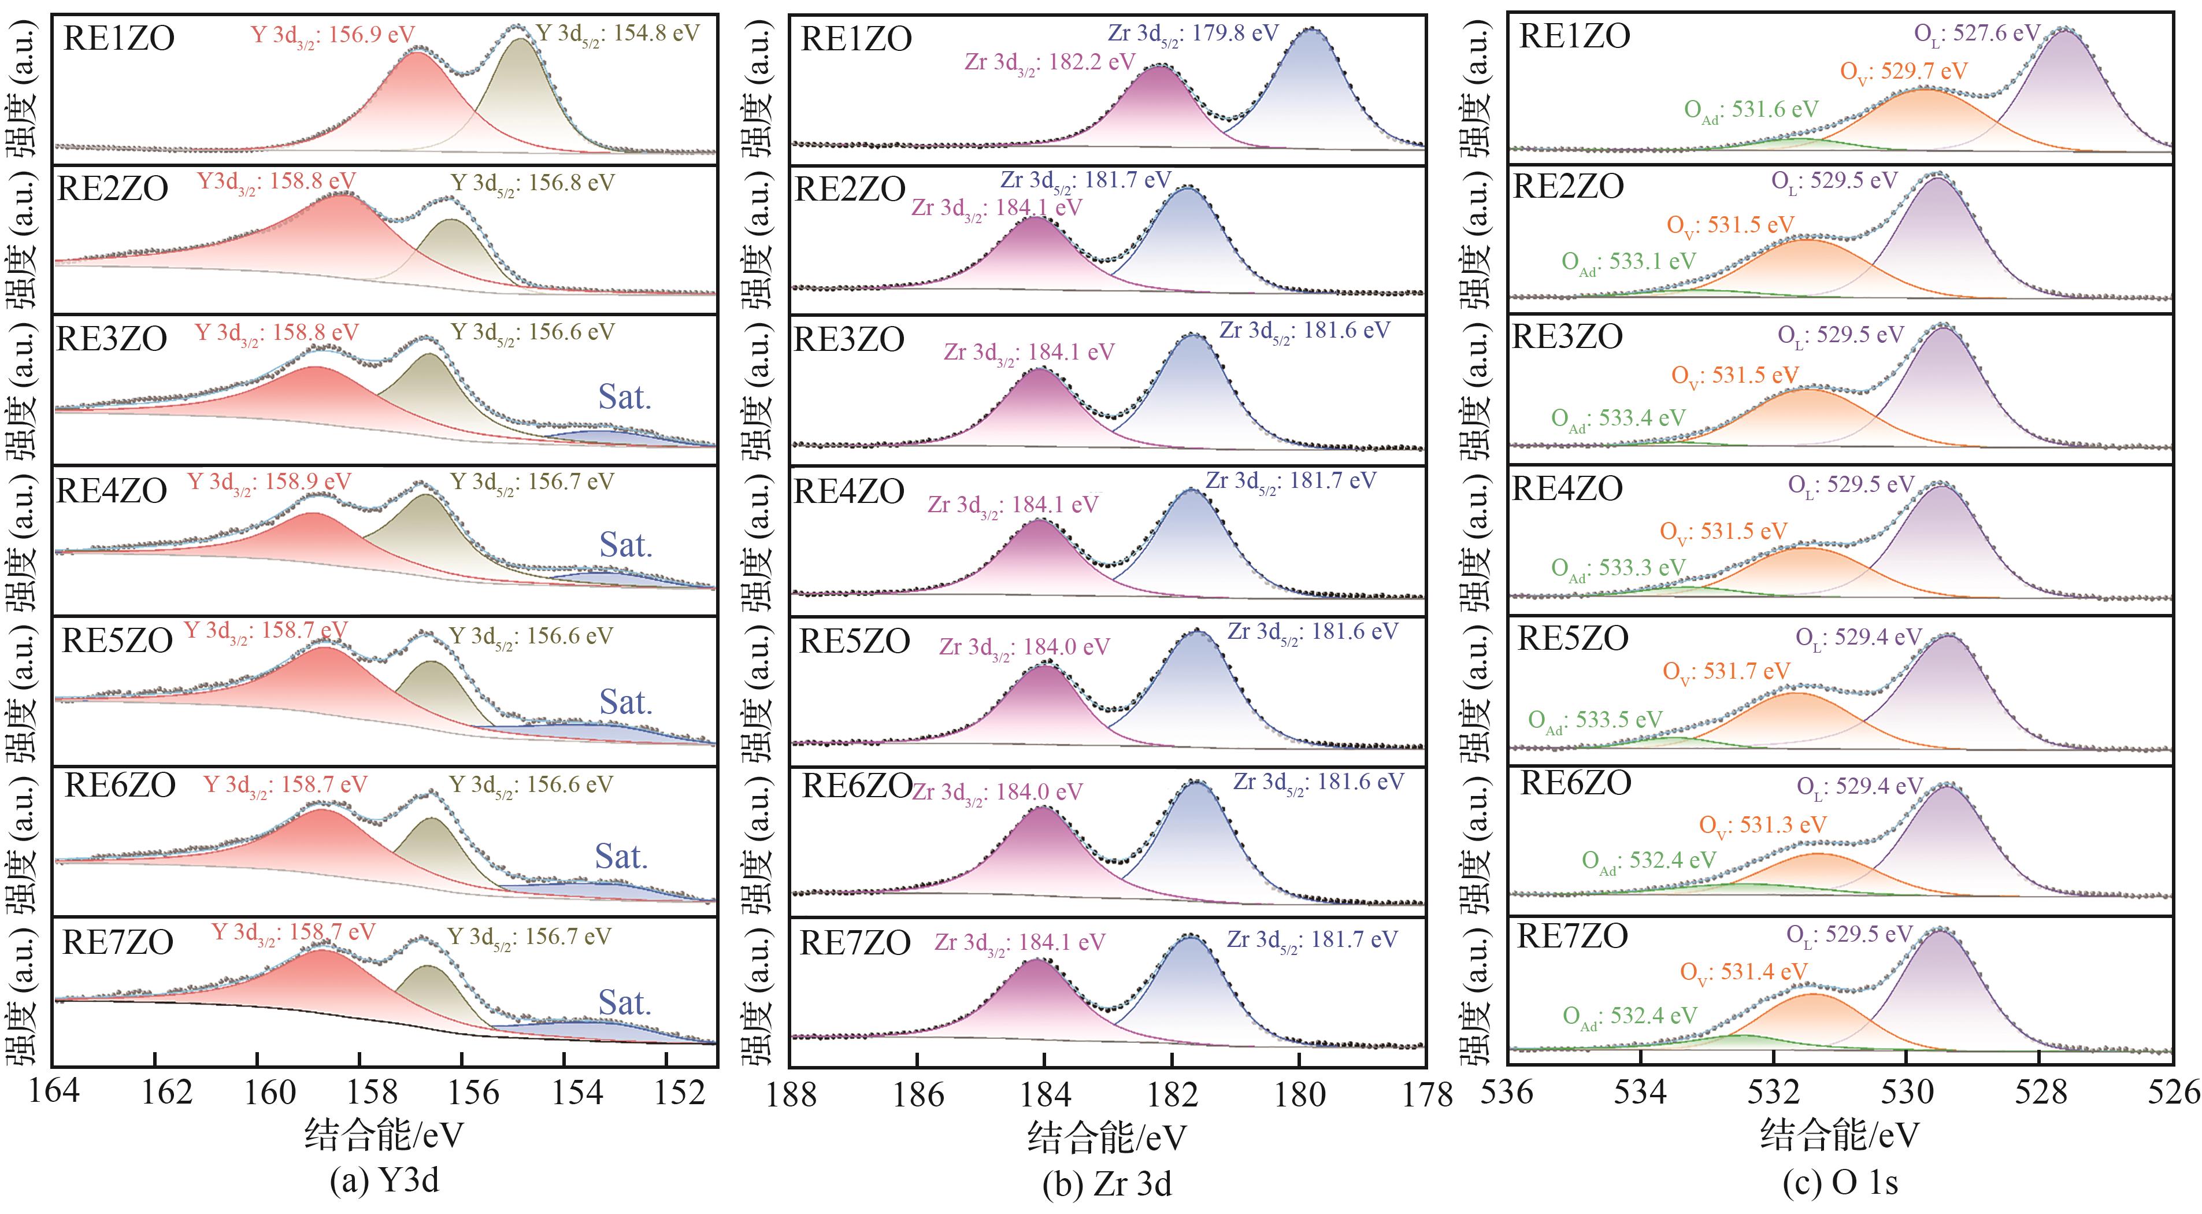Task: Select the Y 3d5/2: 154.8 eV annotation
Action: tap(617, 34)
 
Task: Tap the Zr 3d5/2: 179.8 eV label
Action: tap(1193, 34)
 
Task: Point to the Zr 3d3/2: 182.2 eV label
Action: tap(1050, 63)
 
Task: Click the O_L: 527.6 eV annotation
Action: tap(1977, 34)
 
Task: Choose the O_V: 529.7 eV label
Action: tap(1904, 72)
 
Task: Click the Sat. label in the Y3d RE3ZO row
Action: tap(624, 398)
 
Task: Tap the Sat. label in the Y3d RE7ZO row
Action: tap(624, 1003)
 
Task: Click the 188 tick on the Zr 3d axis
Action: tap(792, 1095)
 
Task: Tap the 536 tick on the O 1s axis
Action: tap(1507, 1093)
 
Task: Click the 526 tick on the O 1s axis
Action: tap(2174, 1093)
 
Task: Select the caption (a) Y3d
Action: tap(385, 1180)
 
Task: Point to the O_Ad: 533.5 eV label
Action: tap(1595, 721)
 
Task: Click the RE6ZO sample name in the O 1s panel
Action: tap(1575, 783)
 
